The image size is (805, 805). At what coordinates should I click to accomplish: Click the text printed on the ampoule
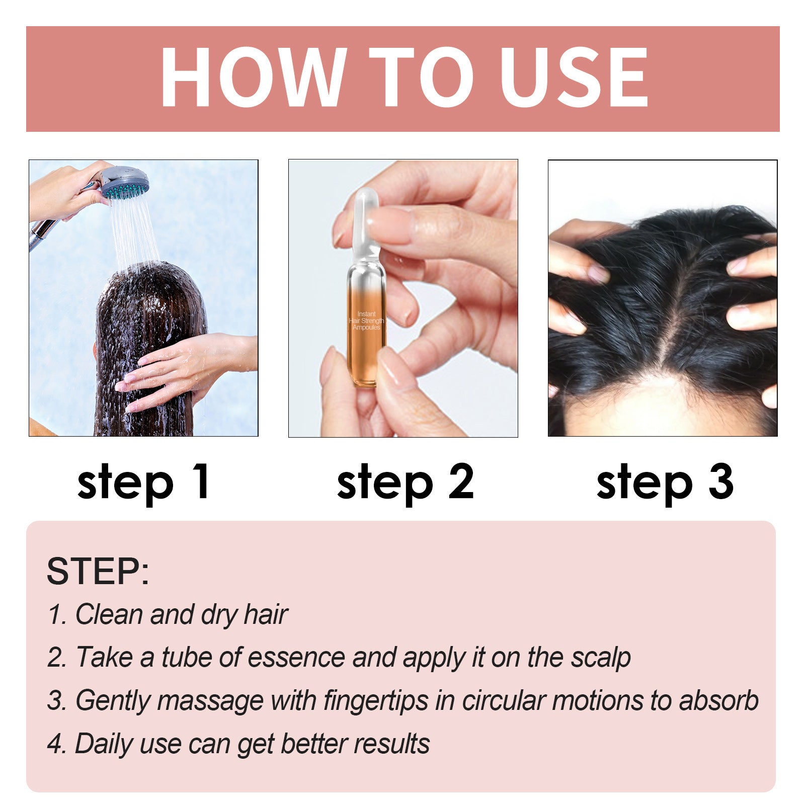[367, 320]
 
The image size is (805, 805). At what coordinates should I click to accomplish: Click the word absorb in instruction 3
[718, 700]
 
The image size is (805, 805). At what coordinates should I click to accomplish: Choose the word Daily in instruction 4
[104, 744]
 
